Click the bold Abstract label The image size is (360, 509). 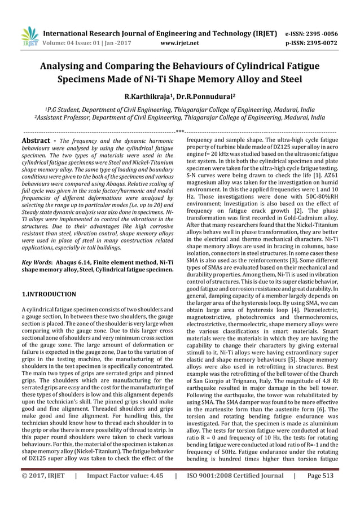click(37, 140)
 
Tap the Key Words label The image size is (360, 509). click(36, 262)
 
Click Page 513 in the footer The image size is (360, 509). click(321, 492)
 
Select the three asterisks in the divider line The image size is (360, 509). click(180, 132)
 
